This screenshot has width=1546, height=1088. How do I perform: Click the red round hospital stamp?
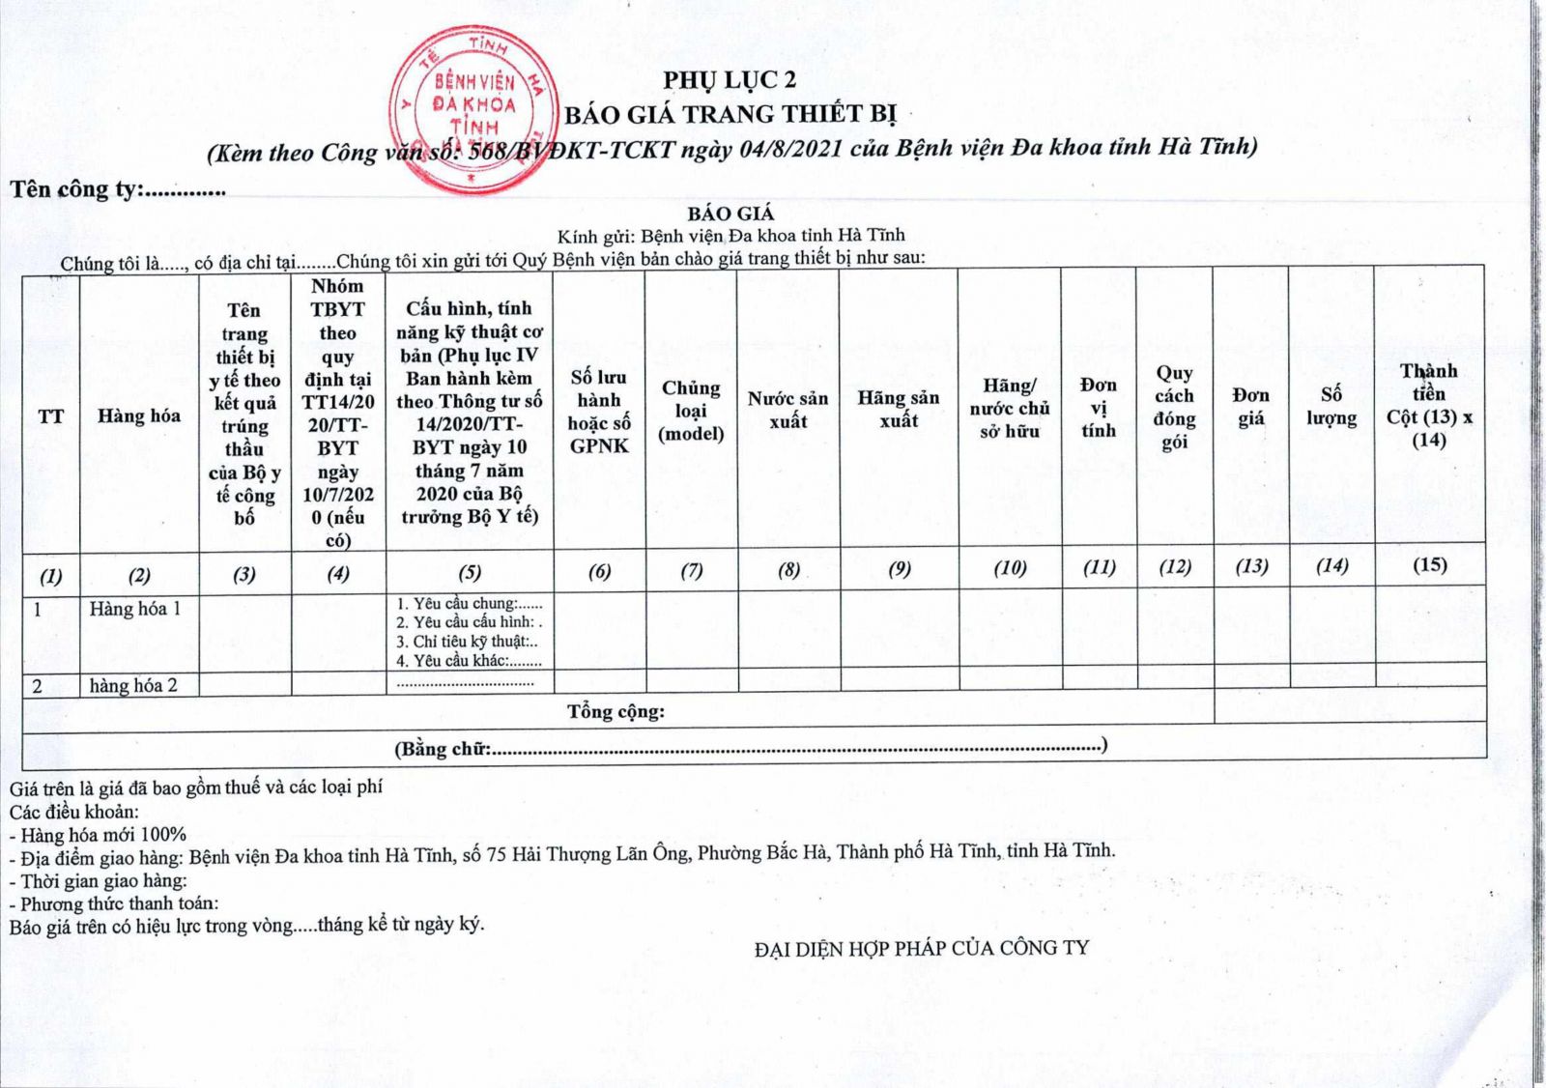[473, 108]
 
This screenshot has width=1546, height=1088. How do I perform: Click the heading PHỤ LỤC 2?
[730, 80]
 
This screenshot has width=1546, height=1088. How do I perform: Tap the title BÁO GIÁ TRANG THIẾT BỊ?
[730, 114]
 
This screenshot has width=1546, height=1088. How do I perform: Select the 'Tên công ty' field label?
[75, 189]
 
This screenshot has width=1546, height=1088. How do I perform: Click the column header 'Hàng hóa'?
[139, 415]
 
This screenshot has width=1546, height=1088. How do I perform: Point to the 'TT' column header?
[50, 416]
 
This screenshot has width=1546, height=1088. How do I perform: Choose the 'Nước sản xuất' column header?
[787, 410]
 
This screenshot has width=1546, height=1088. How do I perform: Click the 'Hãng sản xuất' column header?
[899, 409]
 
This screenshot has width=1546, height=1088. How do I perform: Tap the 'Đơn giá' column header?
[1250, 407]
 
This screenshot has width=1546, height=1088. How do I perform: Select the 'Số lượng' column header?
[1331, 407]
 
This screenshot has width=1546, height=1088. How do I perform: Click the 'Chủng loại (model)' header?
[691, 411]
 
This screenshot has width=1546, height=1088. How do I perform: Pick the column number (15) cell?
[1429, 564]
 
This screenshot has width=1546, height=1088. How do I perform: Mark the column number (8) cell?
[788, 569]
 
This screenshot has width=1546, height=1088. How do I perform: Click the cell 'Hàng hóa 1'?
[135, 609]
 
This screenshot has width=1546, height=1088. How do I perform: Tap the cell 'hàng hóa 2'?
[133, 686]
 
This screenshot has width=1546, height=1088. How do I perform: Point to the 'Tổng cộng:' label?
[616, 712]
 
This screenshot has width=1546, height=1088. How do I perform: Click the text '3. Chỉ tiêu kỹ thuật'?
[467, 642]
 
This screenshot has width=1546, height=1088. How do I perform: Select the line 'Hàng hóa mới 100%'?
[99, 834]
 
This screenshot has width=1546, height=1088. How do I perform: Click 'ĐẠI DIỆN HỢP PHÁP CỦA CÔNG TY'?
[921, 948]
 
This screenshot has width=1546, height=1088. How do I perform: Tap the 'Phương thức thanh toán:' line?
[114, 903]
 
